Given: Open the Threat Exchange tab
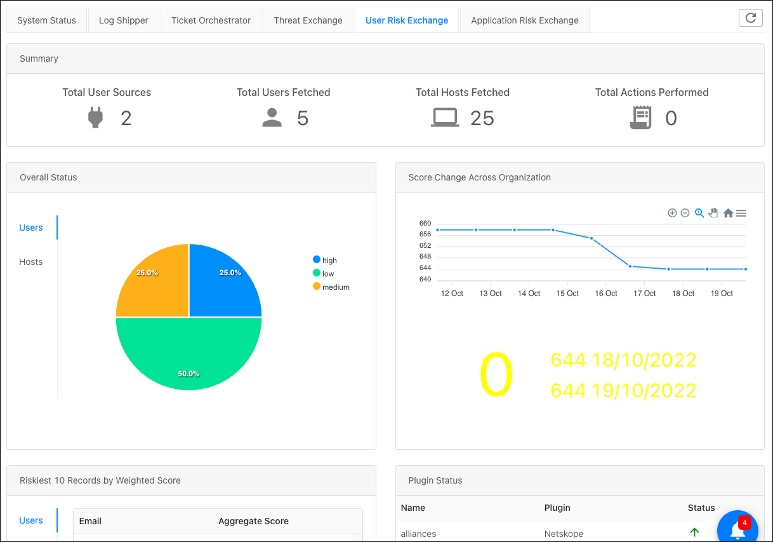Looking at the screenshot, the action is [308, 20].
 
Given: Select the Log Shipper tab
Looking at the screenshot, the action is [124, 20].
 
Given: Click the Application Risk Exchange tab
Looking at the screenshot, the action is [524, 20].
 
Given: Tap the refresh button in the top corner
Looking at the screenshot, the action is [751, 18].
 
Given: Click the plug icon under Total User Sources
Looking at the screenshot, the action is [95, 118].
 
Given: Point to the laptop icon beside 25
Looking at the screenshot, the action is [445, 118].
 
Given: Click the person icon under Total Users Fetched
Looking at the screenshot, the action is [272, 118].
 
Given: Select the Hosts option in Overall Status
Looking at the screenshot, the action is [30, 262].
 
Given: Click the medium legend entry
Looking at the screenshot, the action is [331, 287].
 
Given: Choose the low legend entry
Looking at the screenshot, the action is [323, 274].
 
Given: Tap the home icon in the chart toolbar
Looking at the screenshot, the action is [728, 213].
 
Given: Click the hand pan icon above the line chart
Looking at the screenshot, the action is [713, 213].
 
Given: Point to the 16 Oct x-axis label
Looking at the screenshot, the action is [606, 294].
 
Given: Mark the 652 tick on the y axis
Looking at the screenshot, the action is [425, 245].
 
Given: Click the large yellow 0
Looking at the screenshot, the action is [496, 374].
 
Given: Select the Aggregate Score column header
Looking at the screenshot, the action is [253, 521].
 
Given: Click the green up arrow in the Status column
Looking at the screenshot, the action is [694, 532].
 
